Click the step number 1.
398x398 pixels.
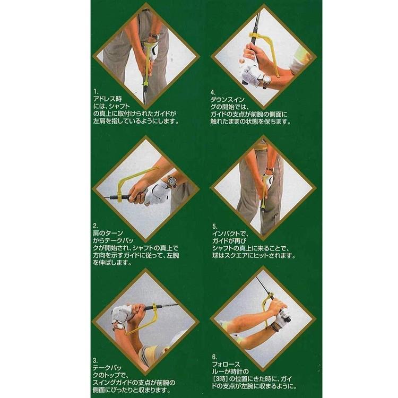tap(94, 91)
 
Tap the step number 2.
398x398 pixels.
tap(94, 225)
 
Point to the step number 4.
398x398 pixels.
tap(213, 91)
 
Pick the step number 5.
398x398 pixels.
tap(213, 225)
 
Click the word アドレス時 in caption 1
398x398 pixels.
tap(107, 98)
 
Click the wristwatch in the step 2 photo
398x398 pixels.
tap(171, 181)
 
